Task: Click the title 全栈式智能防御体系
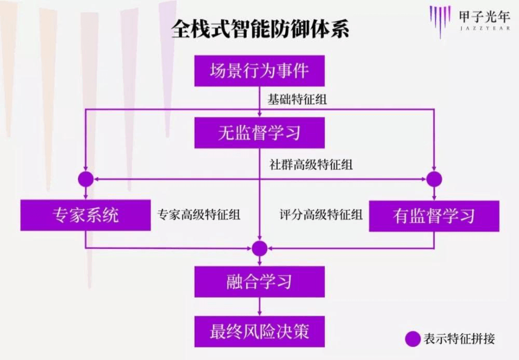(261, 29)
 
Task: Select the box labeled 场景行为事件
(259, 71)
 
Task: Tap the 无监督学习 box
(259, 133)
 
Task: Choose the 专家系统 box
(86, 215)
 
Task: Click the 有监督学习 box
(434, 216)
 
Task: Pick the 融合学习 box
(259, 282)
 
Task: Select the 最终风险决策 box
(259, 331)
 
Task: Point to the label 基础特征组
(297, 99)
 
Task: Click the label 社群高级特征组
(311, 165)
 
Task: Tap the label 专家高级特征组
(199, 215)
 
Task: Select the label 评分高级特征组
(321, 215)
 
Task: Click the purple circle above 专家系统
(86, 179)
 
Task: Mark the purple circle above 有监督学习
(434, 179)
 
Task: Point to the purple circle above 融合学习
(259, 248)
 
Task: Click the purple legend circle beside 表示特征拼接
(413, 339)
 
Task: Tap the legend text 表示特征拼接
(459, 339)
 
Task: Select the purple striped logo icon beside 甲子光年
(440, 21)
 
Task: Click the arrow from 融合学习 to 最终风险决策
(259, 306)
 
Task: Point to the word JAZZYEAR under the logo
(485, 29)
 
